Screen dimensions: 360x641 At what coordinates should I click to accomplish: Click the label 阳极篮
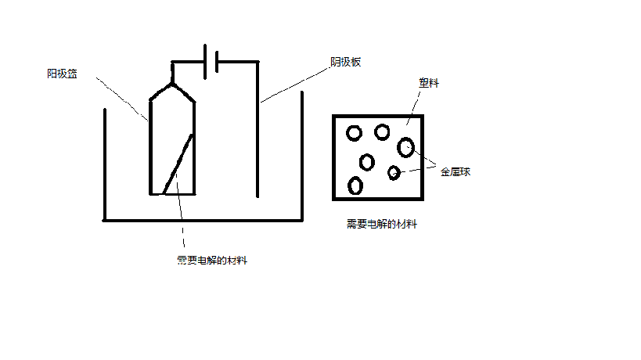tap(62, 74)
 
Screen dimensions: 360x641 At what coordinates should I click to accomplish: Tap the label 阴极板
tap(345, 62)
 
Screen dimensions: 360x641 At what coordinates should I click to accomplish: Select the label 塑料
tap(430, 83)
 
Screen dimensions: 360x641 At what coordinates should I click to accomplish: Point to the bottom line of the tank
tap(203, 220)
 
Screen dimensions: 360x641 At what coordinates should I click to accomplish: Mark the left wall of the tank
tap(105, 164)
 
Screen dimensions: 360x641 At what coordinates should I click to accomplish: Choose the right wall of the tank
tap(301, 157)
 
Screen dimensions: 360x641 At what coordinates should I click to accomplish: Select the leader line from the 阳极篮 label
tap(121, 98)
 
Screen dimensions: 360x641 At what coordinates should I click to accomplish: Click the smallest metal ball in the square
tap(394, 173)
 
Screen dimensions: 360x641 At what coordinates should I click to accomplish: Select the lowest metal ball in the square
tap(355, 185)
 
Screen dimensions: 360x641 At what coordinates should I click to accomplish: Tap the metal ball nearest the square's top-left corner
tap(354, 132)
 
